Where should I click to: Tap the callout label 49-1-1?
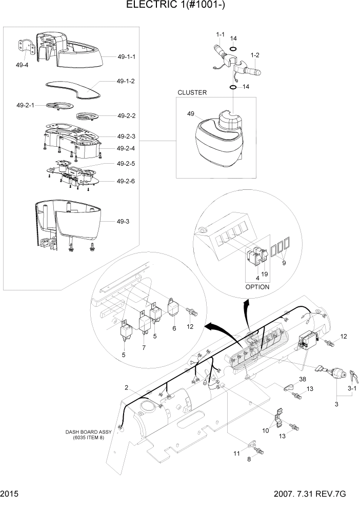coord(126,56)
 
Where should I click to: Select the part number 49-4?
coord(22,65)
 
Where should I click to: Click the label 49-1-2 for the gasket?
coord(126,81)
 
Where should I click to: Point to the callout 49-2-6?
coord(126,181)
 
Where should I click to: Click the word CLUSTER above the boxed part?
coord(192,93)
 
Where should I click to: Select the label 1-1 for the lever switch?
coord(220,34)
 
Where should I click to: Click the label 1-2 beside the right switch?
coord(255,54)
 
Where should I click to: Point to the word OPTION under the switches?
coord(257,287)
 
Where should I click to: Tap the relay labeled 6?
coord(174,328)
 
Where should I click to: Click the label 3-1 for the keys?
coord(352,389)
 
